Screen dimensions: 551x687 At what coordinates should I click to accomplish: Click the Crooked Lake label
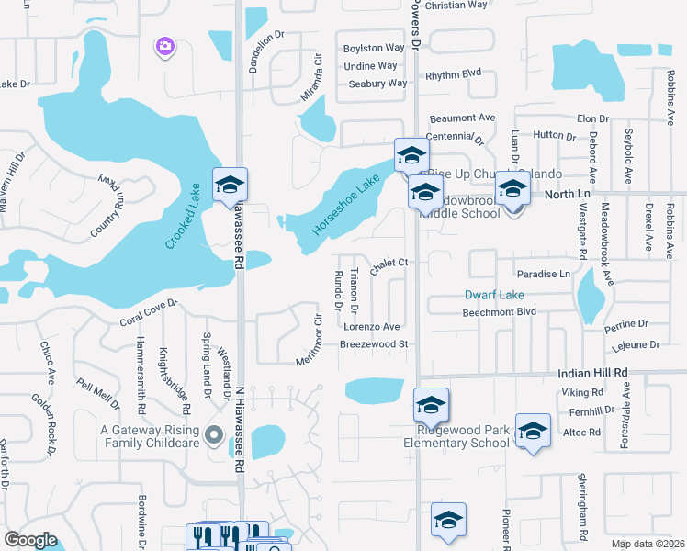[x=184, y=214]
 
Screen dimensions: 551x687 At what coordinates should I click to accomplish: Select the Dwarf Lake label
[x=493, y=295]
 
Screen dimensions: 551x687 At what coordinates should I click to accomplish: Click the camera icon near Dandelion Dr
[x=165, y=45]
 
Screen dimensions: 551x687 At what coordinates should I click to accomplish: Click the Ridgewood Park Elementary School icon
[x=431, y=403]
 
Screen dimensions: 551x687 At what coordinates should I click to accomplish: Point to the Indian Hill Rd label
[x=593, y=373]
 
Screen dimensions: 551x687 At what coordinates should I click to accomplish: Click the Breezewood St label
[x=373, y=344]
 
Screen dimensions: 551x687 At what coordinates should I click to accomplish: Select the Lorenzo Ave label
[x=372, y=326]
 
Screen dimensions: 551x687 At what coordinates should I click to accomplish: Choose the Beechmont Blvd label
[x=499, y=312]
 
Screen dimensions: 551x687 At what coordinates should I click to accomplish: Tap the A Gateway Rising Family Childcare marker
[x=215, y=434]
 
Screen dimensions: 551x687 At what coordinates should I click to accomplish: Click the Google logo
[x=29, y=540]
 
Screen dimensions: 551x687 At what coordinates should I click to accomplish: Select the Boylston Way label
[x=374, y=48]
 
